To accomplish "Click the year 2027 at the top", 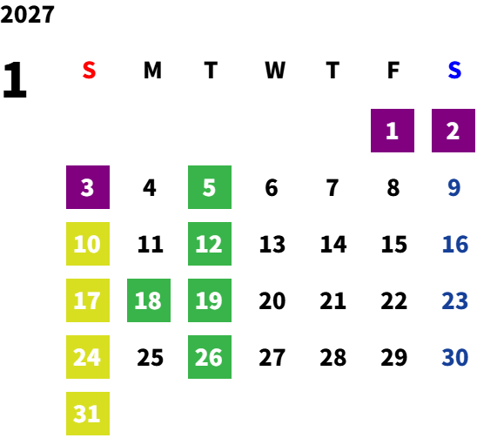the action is tap(27, 15).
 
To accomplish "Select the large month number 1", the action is tap(15, 80).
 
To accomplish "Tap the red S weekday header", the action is tap(89, 71).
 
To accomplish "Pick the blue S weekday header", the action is tap(454, 71).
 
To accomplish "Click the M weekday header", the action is tap(152, 71).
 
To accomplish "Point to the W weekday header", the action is tap(275, 71).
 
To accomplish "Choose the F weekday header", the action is tap(393, 71).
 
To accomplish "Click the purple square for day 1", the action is tap(393, 131).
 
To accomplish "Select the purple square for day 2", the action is tap(453, 131).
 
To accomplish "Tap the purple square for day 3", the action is tap(88, 187).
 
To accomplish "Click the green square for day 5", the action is tap(210, 187).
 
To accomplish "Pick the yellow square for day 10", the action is tap(88, 244).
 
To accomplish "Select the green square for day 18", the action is tap(149, 300).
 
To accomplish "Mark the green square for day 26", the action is tap(210, 357).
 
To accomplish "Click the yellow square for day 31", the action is tap(88, 414).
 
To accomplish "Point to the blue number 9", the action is tap(454, 187).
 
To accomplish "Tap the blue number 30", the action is tap(454, 357).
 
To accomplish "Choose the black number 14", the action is tap(333, 244).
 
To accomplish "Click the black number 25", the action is tap(150, 357).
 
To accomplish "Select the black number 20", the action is tap(272, 300).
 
